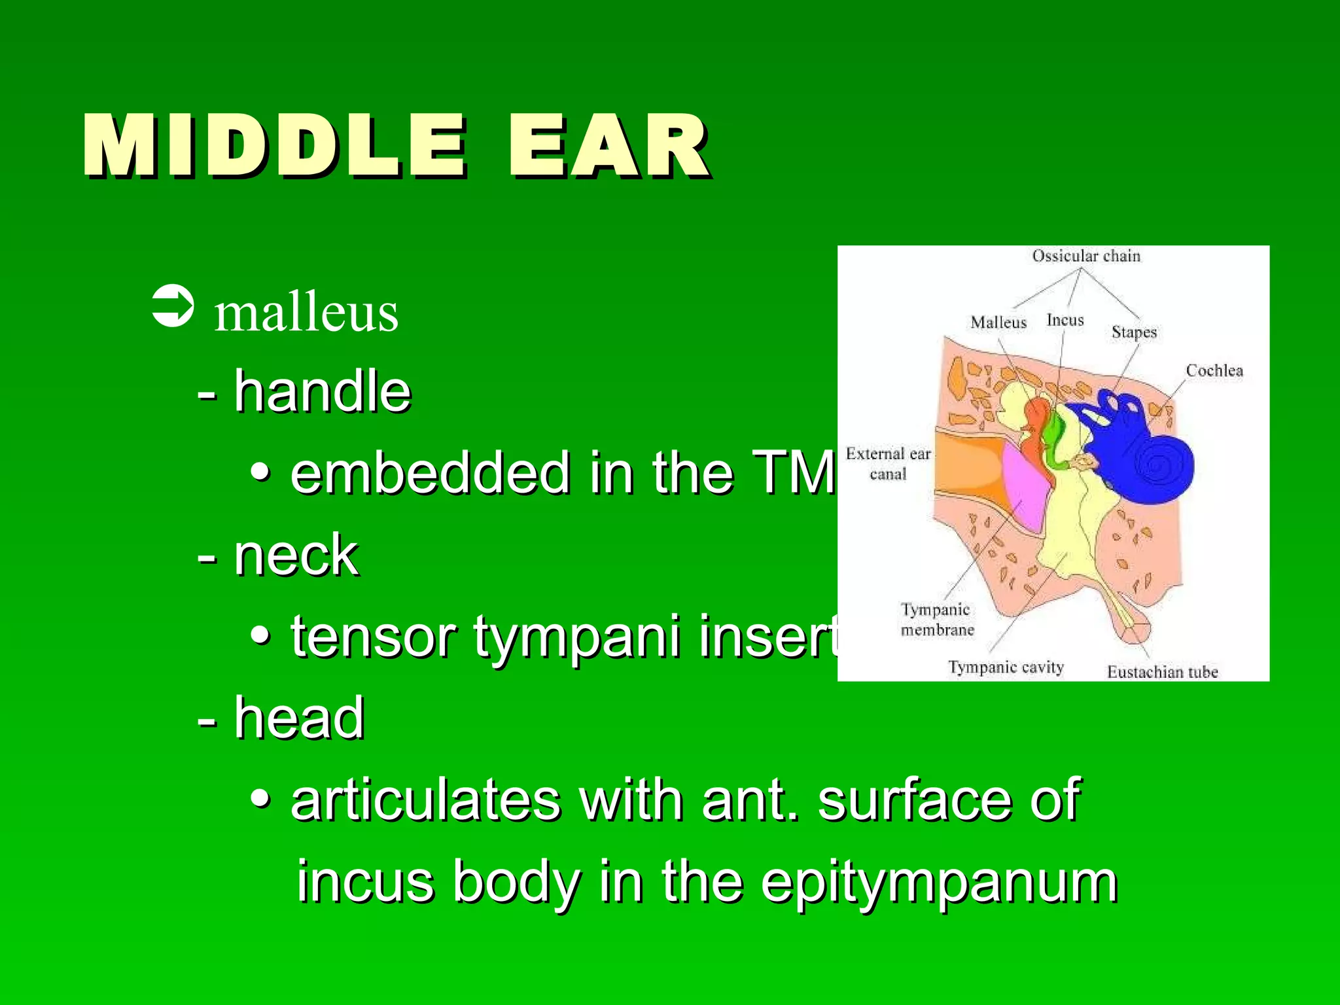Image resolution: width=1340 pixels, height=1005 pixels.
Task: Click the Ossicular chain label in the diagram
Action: [1086, 256]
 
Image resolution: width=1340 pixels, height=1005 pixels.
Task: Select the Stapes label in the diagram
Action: [1134, 332]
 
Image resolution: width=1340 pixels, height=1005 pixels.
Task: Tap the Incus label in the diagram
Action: [1065, 320]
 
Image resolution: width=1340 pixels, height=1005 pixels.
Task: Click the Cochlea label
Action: [1214, 370]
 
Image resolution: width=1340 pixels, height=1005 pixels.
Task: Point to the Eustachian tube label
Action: [1162, 672]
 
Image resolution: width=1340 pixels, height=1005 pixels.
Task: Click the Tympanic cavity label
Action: [1006, 667]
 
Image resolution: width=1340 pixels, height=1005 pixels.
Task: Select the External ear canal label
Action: [888, 463]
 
